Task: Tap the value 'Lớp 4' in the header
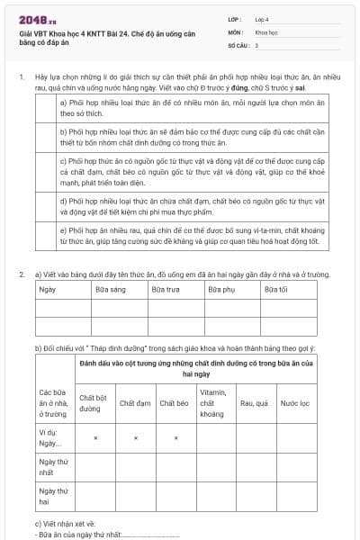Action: pyautogui.click(x=262, y=18)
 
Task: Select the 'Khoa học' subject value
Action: pyautogui.click(x=265, y=31)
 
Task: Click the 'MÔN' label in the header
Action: pyautogui.click(x=234, y=31)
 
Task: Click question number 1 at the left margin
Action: pyautogui.click(x=21, y=77)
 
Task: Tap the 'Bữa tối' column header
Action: pyautogui.click(x=275, y=289)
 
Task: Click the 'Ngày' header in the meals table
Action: pyautogui.click(x=47, y=289)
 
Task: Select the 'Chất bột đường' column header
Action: pyautogui.click(x=93, y=402)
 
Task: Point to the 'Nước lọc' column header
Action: pyautogui.click(x=294, y=403)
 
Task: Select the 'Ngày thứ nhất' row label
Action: pyautogui.click(x=52, y=466)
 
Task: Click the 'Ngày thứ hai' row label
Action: pyautogui.click(x=52, y=498)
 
